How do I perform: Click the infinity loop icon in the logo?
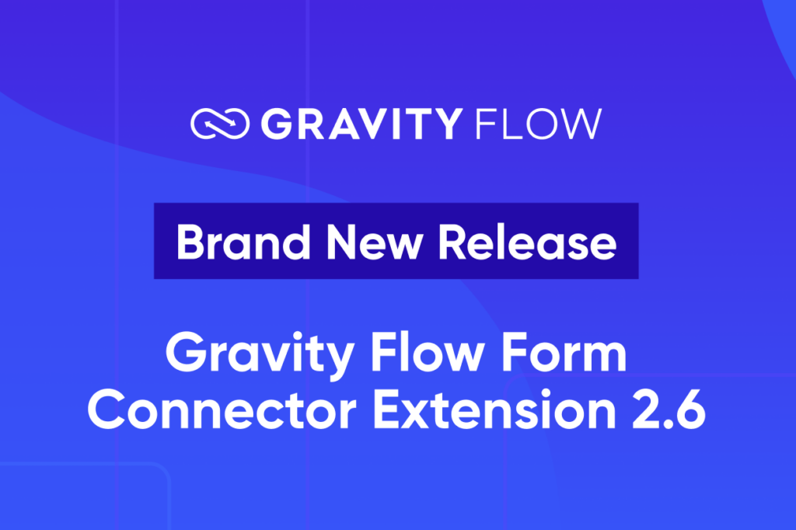pos(220,124)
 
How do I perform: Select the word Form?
pos(571,356)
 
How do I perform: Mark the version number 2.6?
pos(672,410)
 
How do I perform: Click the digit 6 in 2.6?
pos(690,410)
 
